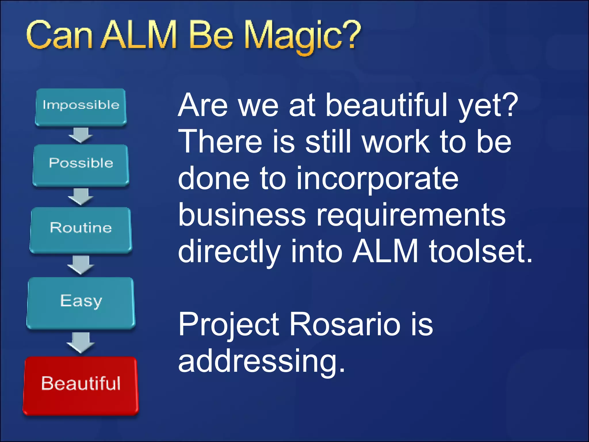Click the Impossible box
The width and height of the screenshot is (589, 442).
coord(81,107)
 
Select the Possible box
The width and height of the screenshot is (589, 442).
coord(81,165)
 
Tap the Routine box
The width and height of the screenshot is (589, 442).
coord(81,230)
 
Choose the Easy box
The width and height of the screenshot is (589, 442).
coord(81,303)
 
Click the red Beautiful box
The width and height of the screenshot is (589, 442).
coord(81,385)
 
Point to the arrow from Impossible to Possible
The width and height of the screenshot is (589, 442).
coord(81,135)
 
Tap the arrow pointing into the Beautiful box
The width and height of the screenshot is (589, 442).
coord(81,342)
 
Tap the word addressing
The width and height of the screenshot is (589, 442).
coord(261,361)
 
